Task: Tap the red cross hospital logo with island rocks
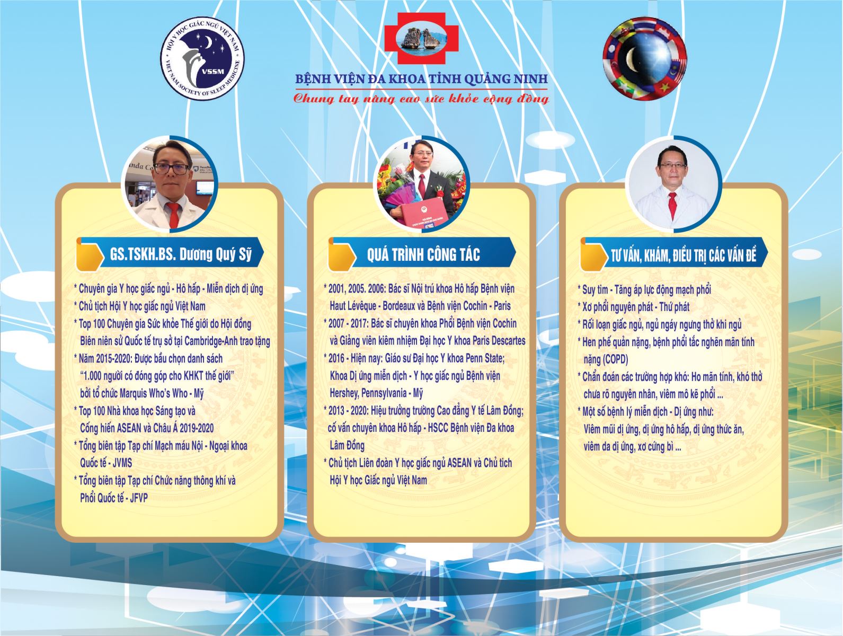click(421, 38)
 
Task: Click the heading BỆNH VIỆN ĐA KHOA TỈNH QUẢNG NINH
click(421, 79)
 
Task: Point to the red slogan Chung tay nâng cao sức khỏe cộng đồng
click(421, 99)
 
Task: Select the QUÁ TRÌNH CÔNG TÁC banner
click(422, 254)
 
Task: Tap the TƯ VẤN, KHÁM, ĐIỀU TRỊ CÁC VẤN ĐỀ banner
click(674, 254)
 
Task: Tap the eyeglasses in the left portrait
click(172, 169)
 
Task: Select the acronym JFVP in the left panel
click(139, 498)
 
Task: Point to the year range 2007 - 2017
click(348, 323)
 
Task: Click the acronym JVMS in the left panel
click(122, 463)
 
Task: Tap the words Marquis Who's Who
click(154, 393)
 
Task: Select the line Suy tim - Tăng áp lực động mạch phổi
click(644, 289)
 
